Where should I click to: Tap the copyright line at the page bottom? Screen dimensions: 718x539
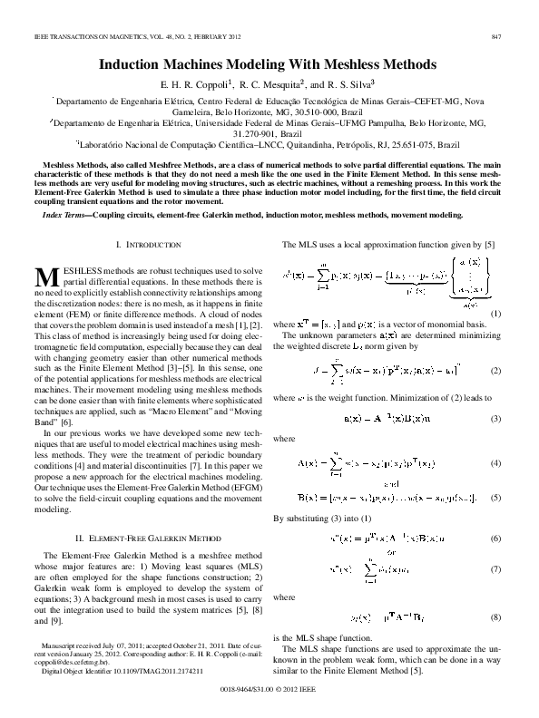269,690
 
